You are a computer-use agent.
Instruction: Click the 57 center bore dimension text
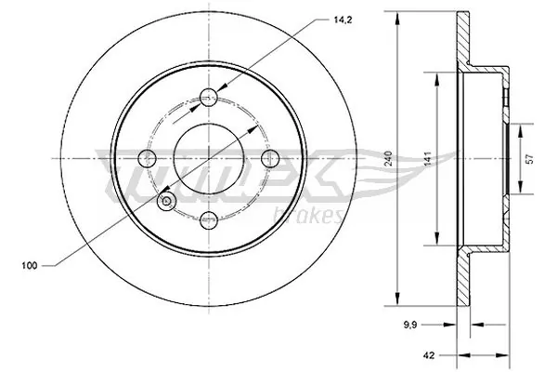point(530,158)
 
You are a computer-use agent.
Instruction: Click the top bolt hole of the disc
point(209,94)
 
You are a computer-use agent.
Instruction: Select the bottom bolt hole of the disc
point(209,219)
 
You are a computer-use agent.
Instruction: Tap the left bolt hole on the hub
point(146,157)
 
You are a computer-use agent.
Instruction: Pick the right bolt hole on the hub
point(271,157)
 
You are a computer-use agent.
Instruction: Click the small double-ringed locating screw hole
point(167,200)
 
